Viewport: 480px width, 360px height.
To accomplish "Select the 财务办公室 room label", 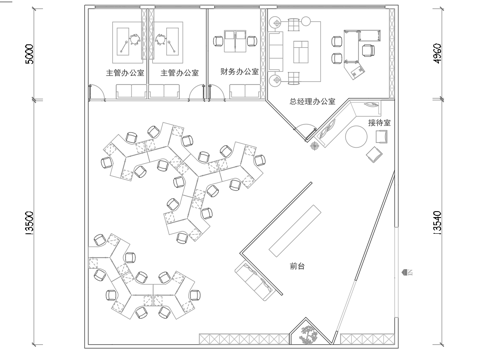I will click(x=234, y=73).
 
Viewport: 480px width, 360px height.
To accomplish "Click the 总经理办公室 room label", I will click(x=311, y=102).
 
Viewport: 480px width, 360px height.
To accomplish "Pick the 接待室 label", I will click(x=379, y=122).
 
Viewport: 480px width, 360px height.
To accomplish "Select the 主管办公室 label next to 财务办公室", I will click(x=179, y=73).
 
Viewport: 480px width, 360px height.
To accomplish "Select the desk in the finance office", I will click(x=234, y=39).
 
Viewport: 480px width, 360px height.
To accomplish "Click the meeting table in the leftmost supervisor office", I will click(x=130, y=41).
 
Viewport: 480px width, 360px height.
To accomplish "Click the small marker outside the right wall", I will click(x=407, y=270).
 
